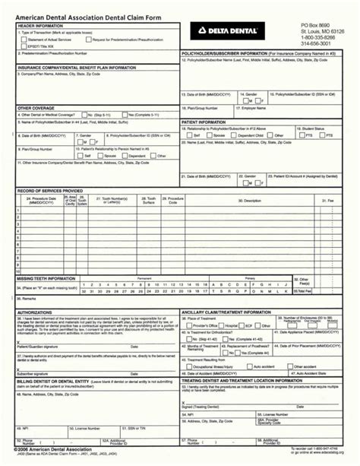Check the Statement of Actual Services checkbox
click(24, 40)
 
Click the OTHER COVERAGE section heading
click(35, 109)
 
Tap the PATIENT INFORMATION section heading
click(204, 122)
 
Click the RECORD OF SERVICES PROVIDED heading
click(50, 189)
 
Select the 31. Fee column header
click(328, 201)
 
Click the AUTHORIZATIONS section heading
click(34, 312)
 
